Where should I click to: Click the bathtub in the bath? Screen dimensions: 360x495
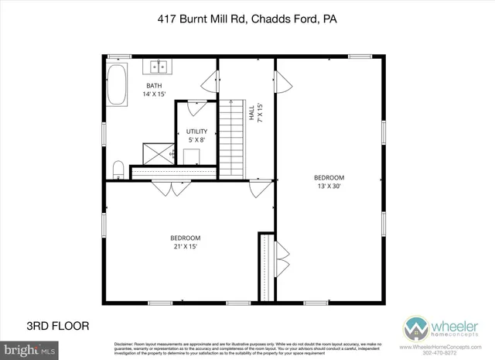coord(118,86)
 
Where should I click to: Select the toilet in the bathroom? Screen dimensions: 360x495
coord(118,168)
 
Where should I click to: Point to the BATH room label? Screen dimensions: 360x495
coord(155,85)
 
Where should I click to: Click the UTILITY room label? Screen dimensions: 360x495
coord(196,132)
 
